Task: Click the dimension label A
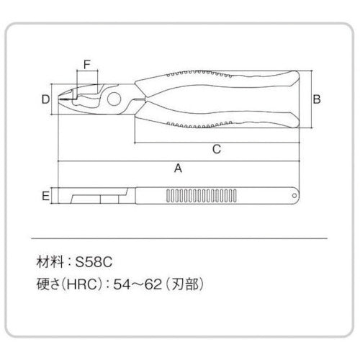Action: (178, 168)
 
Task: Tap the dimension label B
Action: (317, 99)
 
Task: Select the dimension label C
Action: (217, 149)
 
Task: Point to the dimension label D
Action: (45, 99)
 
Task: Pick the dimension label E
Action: (45, 196)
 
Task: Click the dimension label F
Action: (87, 64)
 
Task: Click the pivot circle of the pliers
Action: (114, 99)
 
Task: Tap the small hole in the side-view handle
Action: (294, 196)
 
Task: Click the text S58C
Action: (94, 262)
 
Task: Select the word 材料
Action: (50, 262)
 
